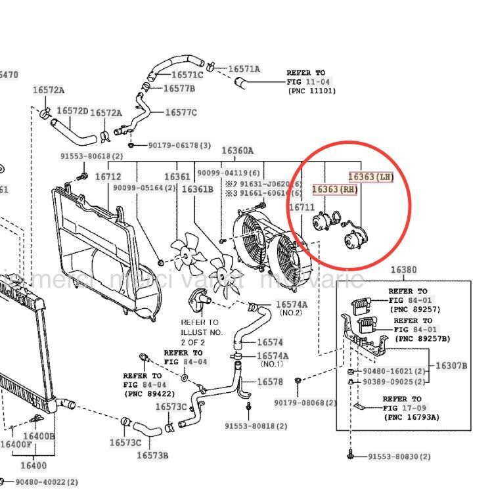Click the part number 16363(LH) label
coord(370,177)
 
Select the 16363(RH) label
coord(335,190)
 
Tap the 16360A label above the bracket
coord(237,150)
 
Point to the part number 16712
coord(108,177)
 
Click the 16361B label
coord(197,190)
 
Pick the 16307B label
coord(451,366)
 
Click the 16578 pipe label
coord(269,382)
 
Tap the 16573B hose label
coord(152,455)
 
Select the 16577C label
coord(181,112)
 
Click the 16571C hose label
coord(187,75)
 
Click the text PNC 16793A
coord(412,417)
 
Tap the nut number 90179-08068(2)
coord(305,403)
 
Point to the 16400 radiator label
coord(34,466)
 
